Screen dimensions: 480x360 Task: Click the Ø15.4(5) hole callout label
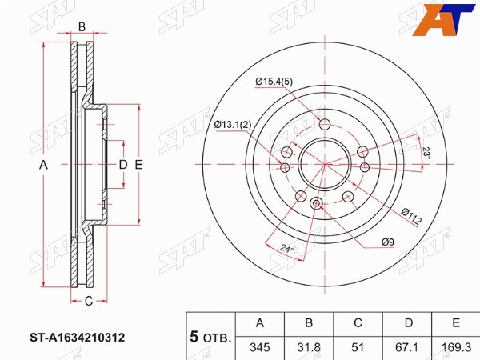click(x=274, y=82)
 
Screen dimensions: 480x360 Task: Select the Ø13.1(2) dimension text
click(x=233, y=125)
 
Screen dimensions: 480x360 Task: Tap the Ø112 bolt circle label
click(x=412, y=216)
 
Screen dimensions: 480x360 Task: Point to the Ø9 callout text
click(x=388, y=242)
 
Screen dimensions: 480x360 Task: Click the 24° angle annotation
click(x=286, y=248)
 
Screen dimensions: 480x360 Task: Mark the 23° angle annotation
click(x=426, y=153)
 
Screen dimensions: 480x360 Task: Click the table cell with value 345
click(x=260, y=347)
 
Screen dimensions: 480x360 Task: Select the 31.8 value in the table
click(x=309, y=347)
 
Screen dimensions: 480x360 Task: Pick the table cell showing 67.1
click(x=408, y=347)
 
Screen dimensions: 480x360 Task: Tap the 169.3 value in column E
click(x=456, y=347)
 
